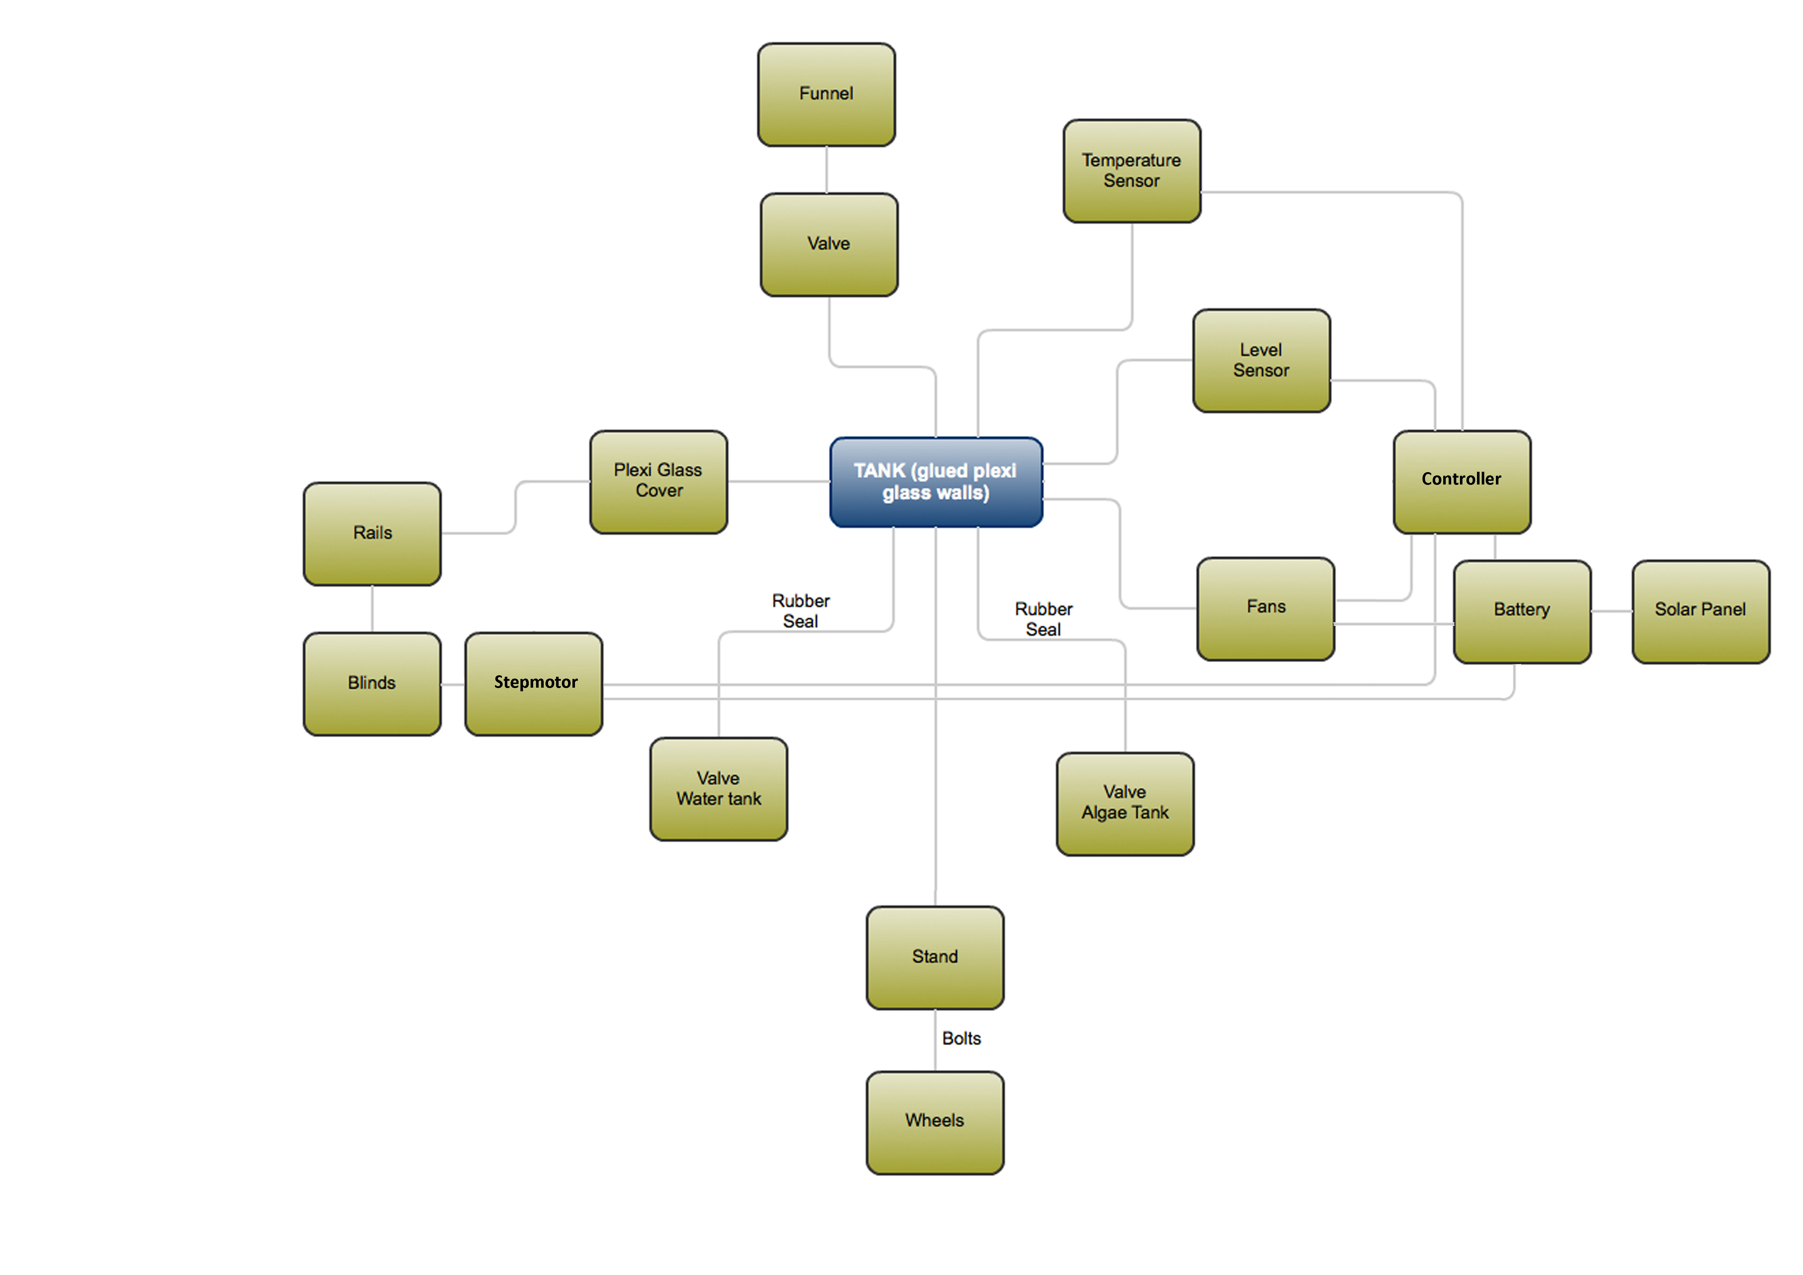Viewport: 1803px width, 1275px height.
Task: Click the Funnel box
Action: click(826, 94)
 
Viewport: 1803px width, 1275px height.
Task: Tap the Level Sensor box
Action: click(1261, 360)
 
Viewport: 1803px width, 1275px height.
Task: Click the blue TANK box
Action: click(936, 482)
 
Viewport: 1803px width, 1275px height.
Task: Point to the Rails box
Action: click(372, 533)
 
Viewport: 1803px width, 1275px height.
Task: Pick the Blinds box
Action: click(372, 683)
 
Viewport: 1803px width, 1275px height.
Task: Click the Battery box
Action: click(1522, 611)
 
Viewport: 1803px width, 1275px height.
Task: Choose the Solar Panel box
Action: click(1700, 611)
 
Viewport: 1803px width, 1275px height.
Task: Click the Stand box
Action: click(934, 957)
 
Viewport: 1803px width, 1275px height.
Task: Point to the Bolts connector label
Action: click(961, 1039)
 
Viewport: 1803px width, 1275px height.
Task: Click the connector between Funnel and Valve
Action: click(826, 170)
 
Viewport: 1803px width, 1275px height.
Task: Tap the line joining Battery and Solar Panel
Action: click(1611, 611)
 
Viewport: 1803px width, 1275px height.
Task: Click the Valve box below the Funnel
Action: click(829, 244)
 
